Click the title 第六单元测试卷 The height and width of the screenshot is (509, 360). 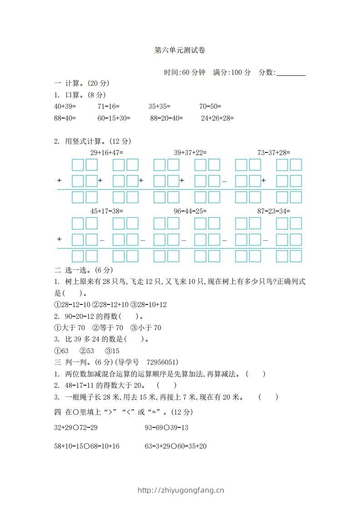point(180,50)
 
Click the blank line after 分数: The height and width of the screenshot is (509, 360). point(291,73)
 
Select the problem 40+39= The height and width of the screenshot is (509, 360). point(65,107)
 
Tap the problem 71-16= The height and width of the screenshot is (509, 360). point(108,107)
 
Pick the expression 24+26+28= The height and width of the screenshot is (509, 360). point(217,118)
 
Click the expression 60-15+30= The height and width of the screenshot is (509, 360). point(114,118)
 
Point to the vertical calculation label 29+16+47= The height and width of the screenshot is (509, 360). point(107,152)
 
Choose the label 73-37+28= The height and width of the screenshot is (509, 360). point(274,152)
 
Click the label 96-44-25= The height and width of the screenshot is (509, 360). point(190,211)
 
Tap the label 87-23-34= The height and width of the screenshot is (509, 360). point(274,211)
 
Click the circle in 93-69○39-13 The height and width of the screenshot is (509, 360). point(167,428)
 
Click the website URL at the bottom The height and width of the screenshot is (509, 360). point(180,490)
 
